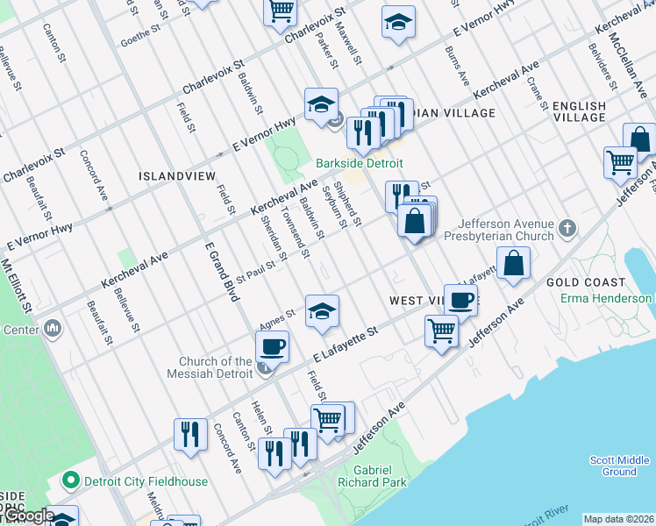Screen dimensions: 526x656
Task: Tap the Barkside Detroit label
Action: tap(360, 164)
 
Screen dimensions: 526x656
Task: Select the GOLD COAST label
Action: tap(586, 282)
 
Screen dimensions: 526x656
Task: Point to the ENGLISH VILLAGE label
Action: tap(579, 112)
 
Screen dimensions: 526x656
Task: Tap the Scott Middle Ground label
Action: tap(619, 466)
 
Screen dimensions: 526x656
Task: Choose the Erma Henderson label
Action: tap(607, 298)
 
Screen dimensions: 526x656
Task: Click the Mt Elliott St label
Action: tap(17, 284)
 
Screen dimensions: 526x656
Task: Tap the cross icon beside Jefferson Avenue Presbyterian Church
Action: tap(568, 230)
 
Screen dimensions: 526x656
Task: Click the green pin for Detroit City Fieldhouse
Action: tap(71, 481)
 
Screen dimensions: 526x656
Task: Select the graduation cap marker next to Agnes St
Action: tap(322, 312)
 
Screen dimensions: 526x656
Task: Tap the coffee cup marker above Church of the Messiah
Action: tap(273, 346)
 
